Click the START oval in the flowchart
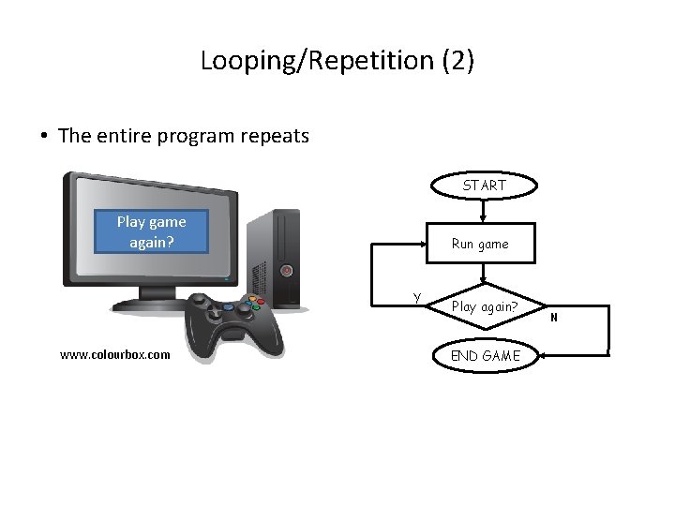pyautogui.click(x=484, y=186)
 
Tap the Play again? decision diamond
pyautogui.click(x=484, y=306)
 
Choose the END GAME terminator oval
pyautogui.click(x=485, y=355)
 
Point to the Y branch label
pyautogui.click(x=416, y=298)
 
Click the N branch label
pyautogui.click(x=554, y=318)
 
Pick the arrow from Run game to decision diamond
pyautogui.click(x=482, y=275)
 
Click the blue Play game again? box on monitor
pyautogui.click(x=151, y=231)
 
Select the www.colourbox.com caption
pyautogui.click(x=114, y=355)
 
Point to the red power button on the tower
pyautogui.click(x=286, y=271)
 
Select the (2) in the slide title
pyautogui.click(x=454, y=61)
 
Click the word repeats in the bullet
pyautogui.click(x=275, y=136)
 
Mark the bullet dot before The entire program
pyautogui.click(x=44, y=136)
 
